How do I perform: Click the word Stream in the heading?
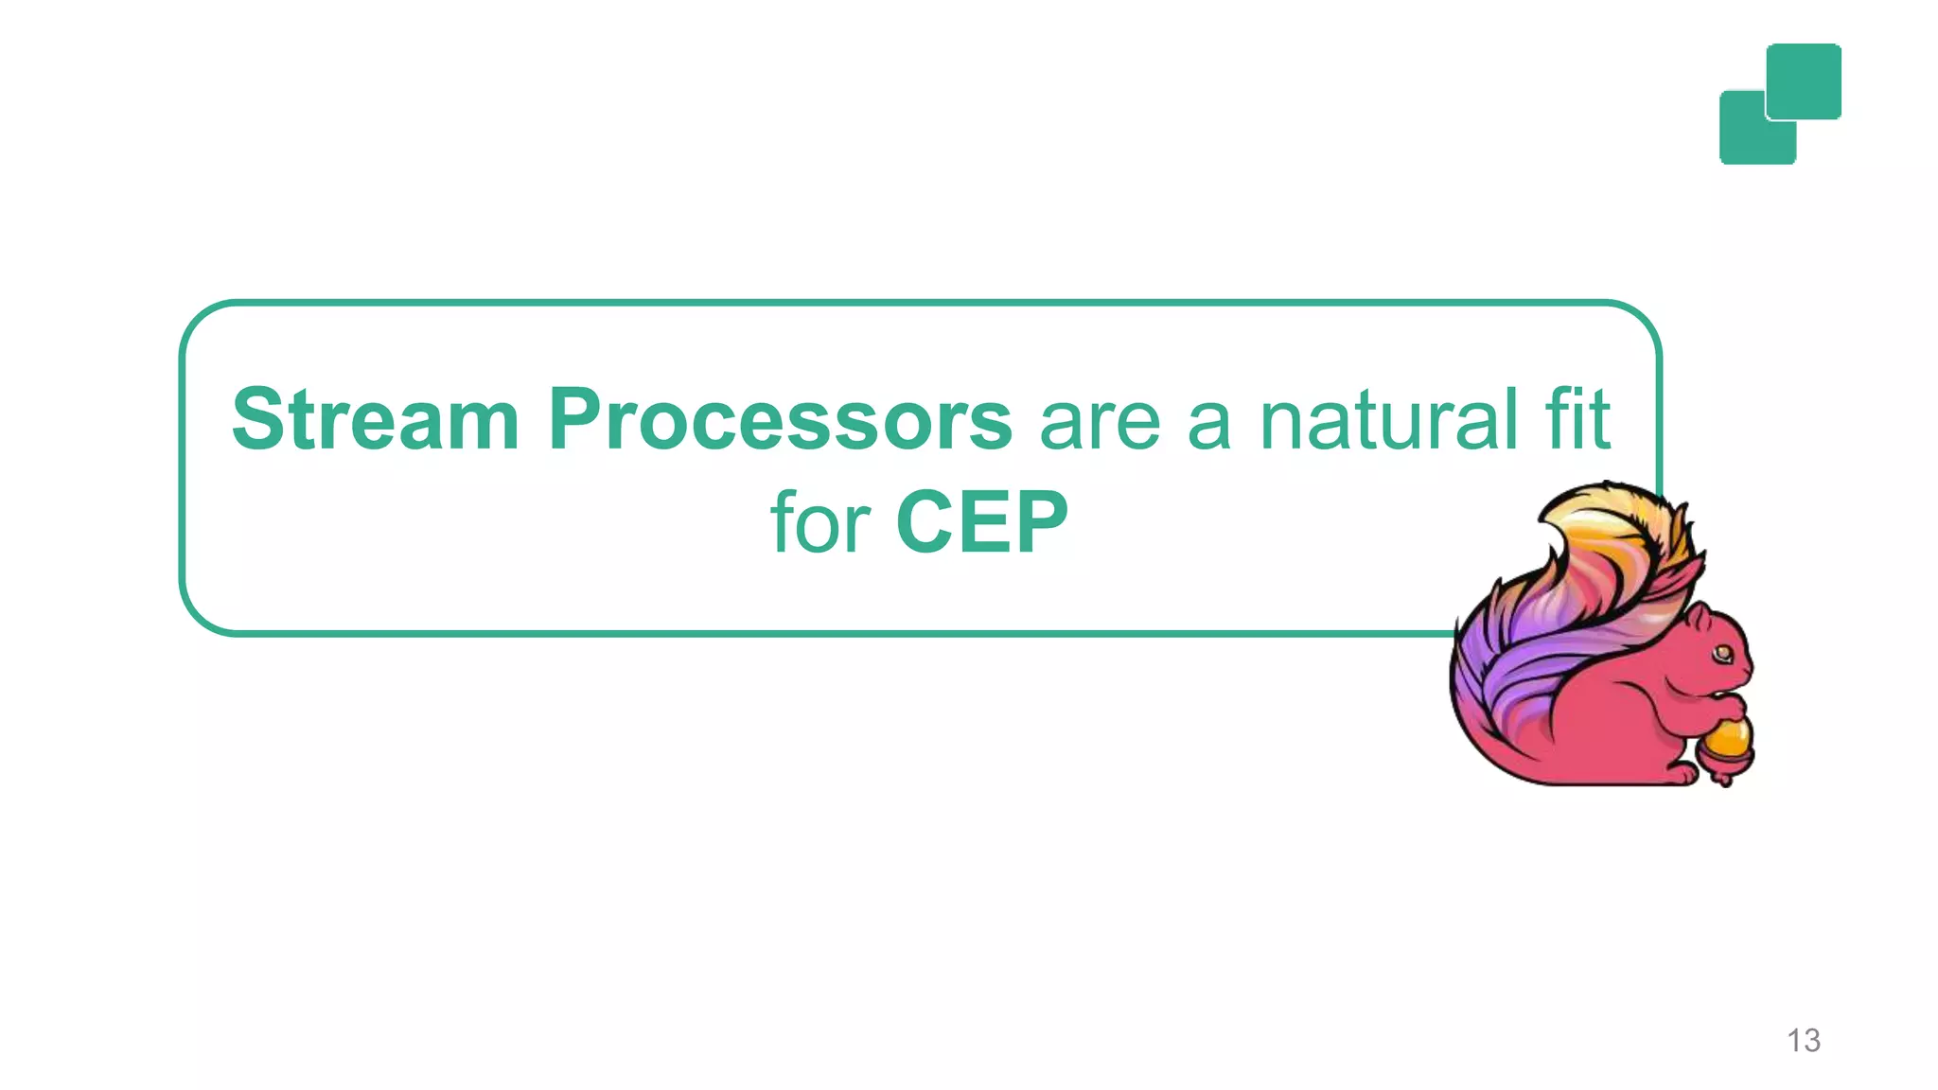click(375, 419)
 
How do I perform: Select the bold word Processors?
click(781, 419)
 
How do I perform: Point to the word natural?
click(1388, 419)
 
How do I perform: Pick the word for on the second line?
click(819, 522)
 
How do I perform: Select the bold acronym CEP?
click(981, 522)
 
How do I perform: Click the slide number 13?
click(1803, 1041)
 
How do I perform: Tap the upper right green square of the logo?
click(1804, 80)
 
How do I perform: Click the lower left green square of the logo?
click(1746, 137)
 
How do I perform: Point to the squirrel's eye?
click(1722, 653)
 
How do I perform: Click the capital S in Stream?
click(258, 419)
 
